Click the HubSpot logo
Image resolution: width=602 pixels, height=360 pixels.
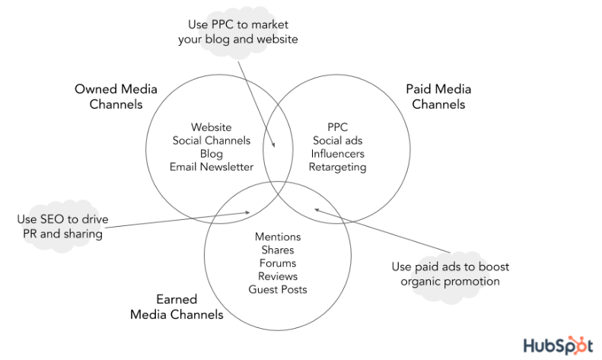[x=557, y=343]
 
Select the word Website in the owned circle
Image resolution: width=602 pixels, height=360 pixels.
[x=211, y=127]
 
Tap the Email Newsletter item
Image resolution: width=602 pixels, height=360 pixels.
[x=211, y=167]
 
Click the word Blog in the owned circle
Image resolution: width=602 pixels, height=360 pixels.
[x=211, y=154]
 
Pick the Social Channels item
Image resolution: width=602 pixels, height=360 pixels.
[x=211, y=141]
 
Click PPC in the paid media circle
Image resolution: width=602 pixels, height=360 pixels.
[x=337, y=127]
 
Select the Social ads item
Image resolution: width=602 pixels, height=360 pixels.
[x=337, y=141]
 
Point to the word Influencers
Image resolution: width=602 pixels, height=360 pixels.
[x=337, y=154]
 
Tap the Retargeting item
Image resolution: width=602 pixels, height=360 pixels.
[x=337, y=167]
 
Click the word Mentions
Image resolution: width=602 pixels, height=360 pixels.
[x=277, y=237]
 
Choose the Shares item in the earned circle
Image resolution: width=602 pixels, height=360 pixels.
[x=277, y=250]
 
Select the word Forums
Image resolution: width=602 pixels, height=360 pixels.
[x=277, y=263]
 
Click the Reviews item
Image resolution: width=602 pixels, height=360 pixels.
[x=277, y=276]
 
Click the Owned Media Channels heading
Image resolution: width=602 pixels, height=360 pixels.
[x=116, y=97]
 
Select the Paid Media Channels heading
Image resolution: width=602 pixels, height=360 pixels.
[x=438, y=97]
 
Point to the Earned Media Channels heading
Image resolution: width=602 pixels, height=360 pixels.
[x=177, y=307]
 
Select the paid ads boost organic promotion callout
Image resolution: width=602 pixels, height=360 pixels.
[x=451, y=274]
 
